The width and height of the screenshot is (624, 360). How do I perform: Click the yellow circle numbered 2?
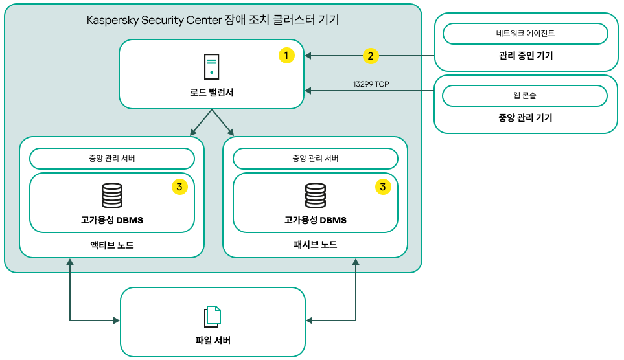(370, 56)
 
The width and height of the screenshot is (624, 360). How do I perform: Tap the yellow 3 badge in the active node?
(179, 187)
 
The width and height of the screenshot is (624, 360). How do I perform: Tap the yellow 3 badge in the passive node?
(383, 187)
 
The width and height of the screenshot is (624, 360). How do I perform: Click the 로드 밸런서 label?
(212, 93)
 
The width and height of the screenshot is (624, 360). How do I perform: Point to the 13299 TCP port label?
(371, 84)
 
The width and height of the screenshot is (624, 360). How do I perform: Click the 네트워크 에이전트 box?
(525, 33)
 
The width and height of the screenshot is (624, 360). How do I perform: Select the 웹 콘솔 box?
(525, 95)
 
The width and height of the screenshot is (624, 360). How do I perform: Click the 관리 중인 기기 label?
(526, 56)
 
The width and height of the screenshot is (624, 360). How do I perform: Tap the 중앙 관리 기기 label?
(526, 118)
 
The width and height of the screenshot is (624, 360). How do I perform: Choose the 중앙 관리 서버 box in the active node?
(112, 159)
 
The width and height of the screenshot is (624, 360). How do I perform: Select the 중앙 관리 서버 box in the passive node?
(316, 159)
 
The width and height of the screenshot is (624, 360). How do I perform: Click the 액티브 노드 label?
(112, 245)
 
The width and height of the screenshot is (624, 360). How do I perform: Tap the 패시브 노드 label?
(316, 245)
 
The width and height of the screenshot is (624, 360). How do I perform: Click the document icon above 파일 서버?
(213, 317)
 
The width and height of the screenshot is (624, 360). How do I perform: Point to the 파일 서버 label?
(213, 341)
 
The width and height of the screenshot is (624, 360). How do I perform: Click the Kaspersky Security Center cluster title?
(213, 20)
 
